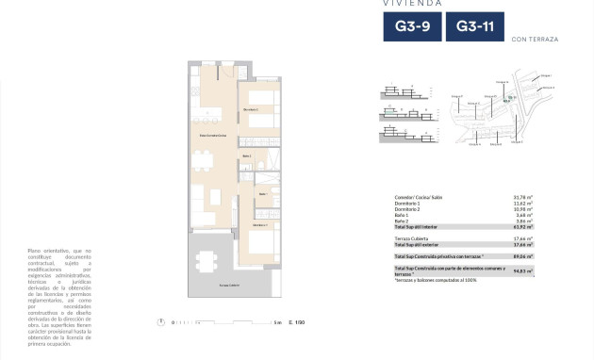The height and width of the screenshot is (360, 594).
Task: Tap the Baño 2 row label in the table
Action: point(404,220)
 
